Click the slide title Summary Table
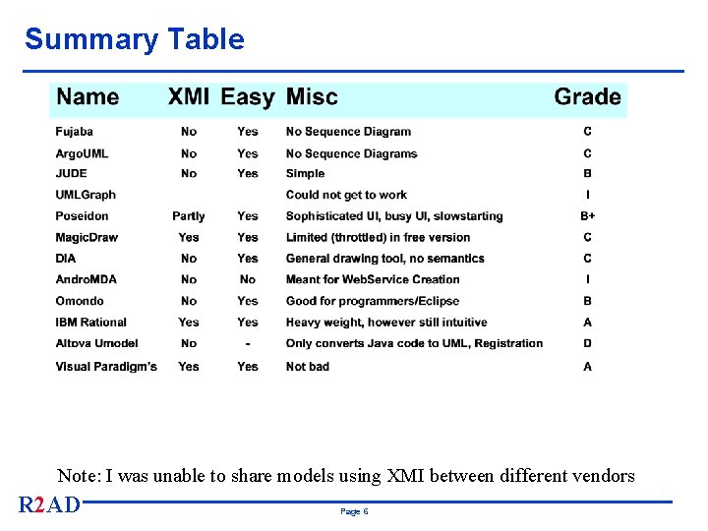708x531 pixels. point(135,39)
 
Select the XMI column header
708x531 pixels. point(188,96)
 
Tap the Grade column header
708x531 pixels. point(587,96)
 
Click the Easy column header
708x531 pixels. point(247,96)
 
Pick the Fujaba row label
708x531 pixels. point(75,132)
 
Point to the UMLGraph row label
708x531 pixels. point(86,195)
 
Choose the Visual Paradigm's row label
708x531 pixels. point(106,367)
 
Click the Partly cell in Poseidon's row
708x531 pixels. point(189,216)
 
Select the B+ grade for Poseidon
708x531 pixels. point(587,216)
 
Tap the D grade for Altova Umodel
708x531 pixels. point(587,344)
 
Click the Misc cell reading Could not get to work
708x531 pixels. point(346,195)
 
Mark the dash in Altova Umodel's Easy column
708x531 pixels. point(248,344)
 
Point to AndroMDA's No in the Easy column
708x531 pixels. point(248,280)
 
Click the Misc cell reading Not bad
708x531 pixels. point(308,367)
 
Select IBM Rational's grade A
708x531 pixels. point(587,323)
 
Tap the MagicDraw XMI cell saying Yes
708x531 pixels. point(189,238)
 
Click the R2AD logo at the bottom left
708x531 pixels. point(49,505)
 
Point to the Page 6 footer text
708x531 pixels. point(354,512)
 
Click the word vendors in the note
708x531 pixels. point(598,476)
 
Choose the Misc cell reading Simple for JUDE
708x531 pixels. point(305,174)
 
